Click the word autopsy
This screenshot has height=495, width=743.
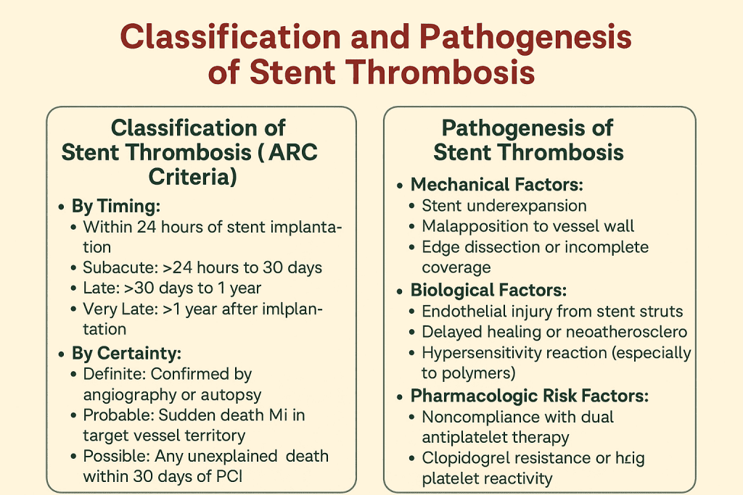[237, 395]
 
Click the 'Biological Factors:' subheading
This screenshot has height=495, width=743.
[488, 291]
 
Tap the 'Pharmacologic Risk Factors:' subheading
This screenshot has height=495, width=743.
[529, 396]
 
